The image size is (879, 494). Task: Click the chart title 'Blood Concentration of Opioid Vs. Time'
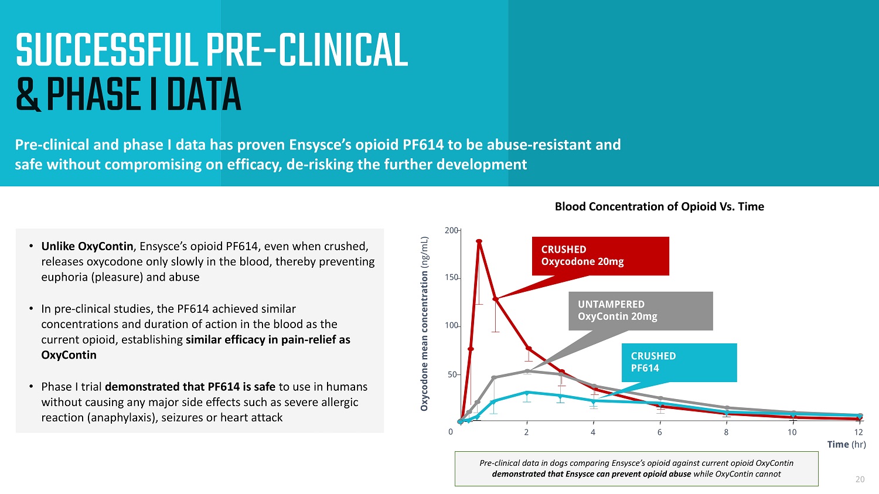click(659, 206)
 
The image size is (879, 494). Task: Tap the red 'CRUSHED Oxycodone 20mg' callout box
click(600, 255)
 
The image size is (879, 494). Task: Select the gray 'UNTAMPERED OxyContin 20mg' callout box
click(640, 311)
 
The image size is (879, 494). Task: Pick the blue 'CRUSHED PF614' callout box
click(679, 362)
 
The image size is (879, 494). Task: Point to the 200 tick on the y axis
click(451, 230)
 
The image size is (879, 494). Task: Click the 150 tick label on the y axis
click(451, 277)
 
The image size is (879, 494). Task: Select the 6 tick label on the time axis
click(659, 432)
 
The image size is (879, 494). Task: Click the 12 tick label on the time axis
click(858, 432)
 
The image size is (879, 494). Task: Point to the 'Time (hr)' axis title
click(846, 444)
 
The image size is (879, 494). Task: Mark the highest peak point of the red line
click(479, 241)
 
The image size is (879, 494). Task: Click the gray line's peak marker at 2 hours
click(527, 371)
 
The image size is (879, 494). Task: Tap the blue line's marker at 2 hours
click(527, 393)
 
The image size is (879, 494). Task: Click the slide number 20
click(860, 479)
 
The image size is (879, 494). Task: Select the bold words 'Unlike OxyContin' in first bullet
click(87, 246)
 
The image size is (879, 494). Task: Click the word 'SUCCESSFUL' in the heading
click(106, 51)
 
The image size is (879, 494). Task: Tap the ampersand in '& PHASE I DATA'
click(28, 96)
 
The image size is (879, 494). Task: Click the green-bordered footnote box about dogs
click(636, 468)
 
